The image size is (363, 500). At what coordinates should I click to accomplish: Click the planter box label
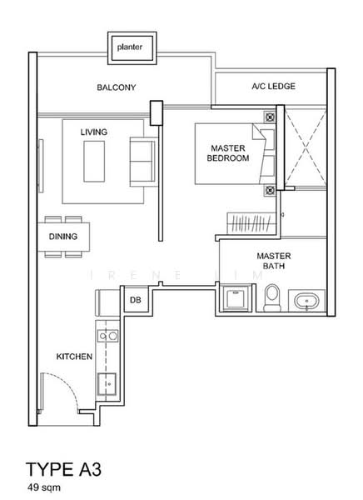tap(129, 47)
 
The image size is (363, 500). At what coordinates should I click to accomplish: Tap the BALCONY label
tap(117, 87)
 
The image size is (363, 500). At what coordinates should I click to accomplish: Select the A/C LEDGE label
tap(273, 86)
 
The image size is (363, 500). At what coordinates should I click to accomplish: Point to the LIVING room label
tap(94, 132)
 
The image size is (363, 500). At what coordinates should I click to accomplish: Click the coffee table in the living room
tap(94, 162)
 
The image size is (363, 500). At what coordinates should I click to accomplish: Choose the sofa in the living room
tap(143, 162)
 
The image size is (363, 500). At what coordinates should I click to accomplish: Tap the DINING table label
tap(63, 237)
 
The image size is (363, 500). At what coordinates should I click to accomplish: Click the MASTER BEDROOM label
tap(228, 153)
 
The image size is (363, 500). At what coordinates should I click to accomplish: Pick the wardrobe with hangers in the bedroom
tap(251, 222)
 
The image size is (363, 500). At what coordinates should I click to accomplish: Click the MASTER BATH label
tap(274, 261)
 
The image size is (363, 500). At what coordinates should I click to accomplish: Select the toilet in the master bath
tap(272, 297)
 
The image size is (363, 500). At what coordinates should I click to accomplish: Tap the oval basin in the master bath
tap(306, 302)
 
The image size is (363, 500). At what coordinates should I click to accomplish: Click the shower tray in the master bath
tap(236, 297)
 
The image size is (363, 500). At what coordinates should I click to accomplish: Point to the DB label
tap(136, 300)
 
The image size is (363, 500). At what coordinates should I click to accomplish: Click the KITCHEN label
tap(74, 357)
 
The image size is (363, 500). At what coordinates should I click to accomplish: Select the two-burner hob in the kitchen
tap(107, 336)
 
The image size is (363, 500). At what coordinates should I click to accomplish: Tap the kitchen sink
tap(107, 384)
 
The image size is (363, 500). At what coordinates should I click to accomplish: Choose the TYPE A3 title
tap(64, 469)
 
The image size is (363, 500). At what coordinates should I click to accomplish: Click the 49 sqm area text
tap(43, 487)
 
